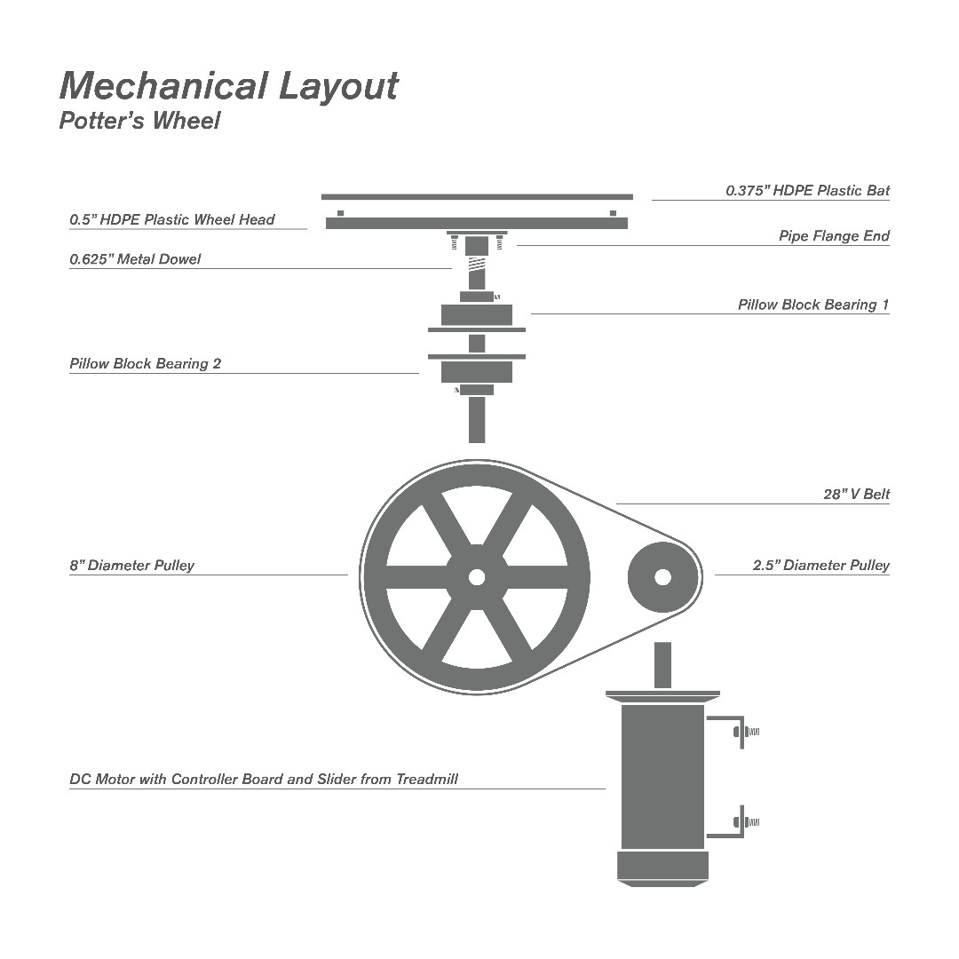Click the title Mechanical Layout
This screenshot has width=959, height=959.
229,85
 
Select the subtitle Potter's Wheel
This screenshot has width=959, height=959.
139,121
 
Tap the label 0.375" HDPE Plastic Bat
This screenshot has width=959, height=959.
807,190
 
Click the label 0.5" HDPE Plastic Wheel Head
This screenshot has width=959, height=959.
172,219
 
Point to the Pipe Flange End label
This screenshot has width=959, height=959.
834,236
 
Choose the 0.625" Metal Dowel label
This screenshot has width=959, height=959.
135,259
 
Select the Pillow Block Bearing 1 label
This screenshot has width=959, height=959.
813,305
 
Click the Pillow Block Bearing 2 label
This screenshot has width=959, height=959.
145,364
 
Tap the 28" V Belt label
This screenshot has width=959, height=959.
856,495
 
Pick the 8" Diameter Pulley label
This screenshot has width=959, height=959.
131,565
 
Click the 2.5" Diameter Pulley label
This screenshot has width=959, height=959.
820,565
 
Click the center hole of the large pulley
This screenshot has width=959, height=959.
477,577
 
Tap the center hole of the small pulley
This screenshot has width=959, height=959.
663,577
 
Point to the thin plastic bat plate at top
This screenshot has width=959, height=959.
477,197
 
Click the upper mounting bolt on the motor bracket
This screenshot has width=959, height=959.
746,732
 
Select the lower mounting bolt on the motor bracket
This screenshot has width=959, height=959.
746,822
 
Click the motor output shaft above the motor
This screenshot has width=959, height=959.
663,665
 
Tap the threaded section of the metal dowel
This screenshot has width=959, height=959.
477,265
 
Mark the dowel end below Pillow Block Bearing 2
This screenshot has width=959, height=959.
477,420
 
